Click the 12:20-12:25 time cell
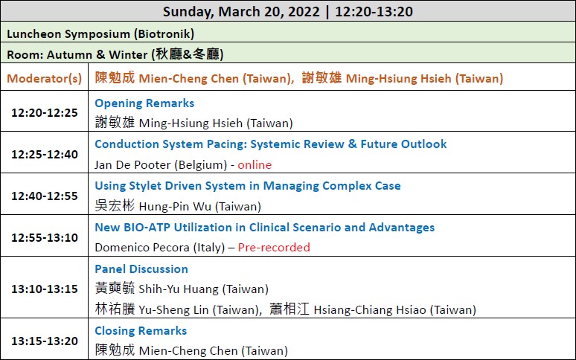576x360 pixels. click(x=45, y=112)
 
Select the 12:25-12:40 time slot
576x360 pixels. click(x=45, y=154)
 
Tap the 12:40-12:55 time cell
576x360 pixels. click(x=45, y=196)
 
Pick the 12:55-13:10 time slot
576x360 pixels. click(x=45, y=237)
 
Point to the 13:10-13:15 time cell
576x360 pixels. click(x=45, y=289)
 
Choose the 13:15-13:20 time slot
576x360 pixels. click(x=45, y=341)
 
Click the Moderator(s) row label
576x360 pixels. click(x=45, y=79)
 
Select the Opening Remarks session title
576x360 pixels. click(x=144, y=103)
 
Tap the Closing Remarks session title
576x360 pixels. click(x=141, y=331)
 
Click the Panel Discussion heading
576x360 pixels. click(x=141, y=269)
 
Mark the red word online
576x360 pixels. click(x=255, y=165)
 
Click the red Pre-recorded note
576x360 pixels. click(x=274, y=248)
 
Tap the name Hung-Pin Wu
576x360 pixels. click(x=175, y=206)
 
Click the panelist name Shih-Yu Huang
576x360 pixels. click(x=179, y=289)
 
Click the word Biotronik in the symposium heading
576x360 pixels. click(x=164, y=33)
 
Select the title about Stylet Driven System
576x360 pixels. click(x=248, y=186)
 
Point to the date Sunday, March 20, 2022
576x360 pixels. click(x=241, y=12)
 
